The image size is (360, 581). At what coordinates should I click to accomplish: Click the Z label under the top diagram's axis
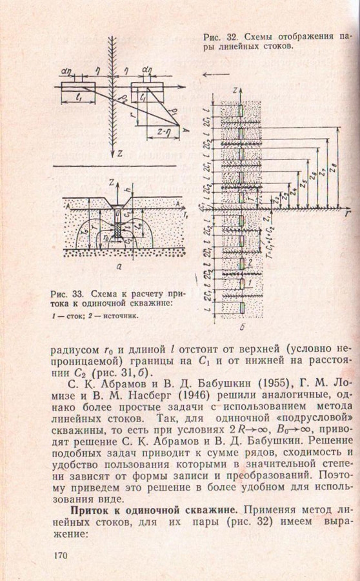tap(121, 155)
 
